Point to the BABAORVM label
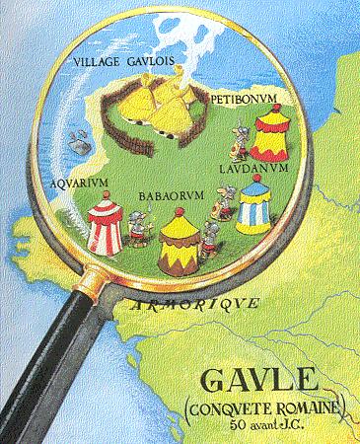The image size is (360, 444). pos(172,195)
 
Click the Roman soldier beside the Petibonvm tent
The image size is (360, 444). pos(237,140)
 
